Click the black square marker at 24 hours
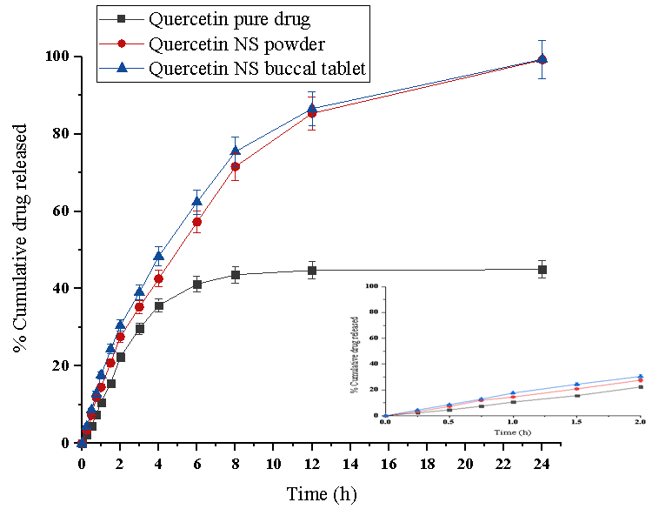coord(542,270)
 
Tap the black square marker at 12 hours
coord(312,271)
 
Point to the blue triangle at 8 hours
coord(236,151)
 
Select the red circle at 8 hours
coord(236,166)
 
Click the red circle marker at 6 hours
coord(197,222)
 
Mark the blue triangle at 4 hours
coord(159,256)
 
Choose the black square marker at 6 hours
coord(197,285)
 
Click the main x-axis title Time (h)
coord(322,494)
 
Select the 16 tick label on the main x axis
coord(389,461)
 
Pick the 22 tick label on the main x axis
coord(503,461)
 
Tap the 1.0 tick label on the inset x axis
coord(513,421)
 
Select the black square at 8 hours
coord(236,275)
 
